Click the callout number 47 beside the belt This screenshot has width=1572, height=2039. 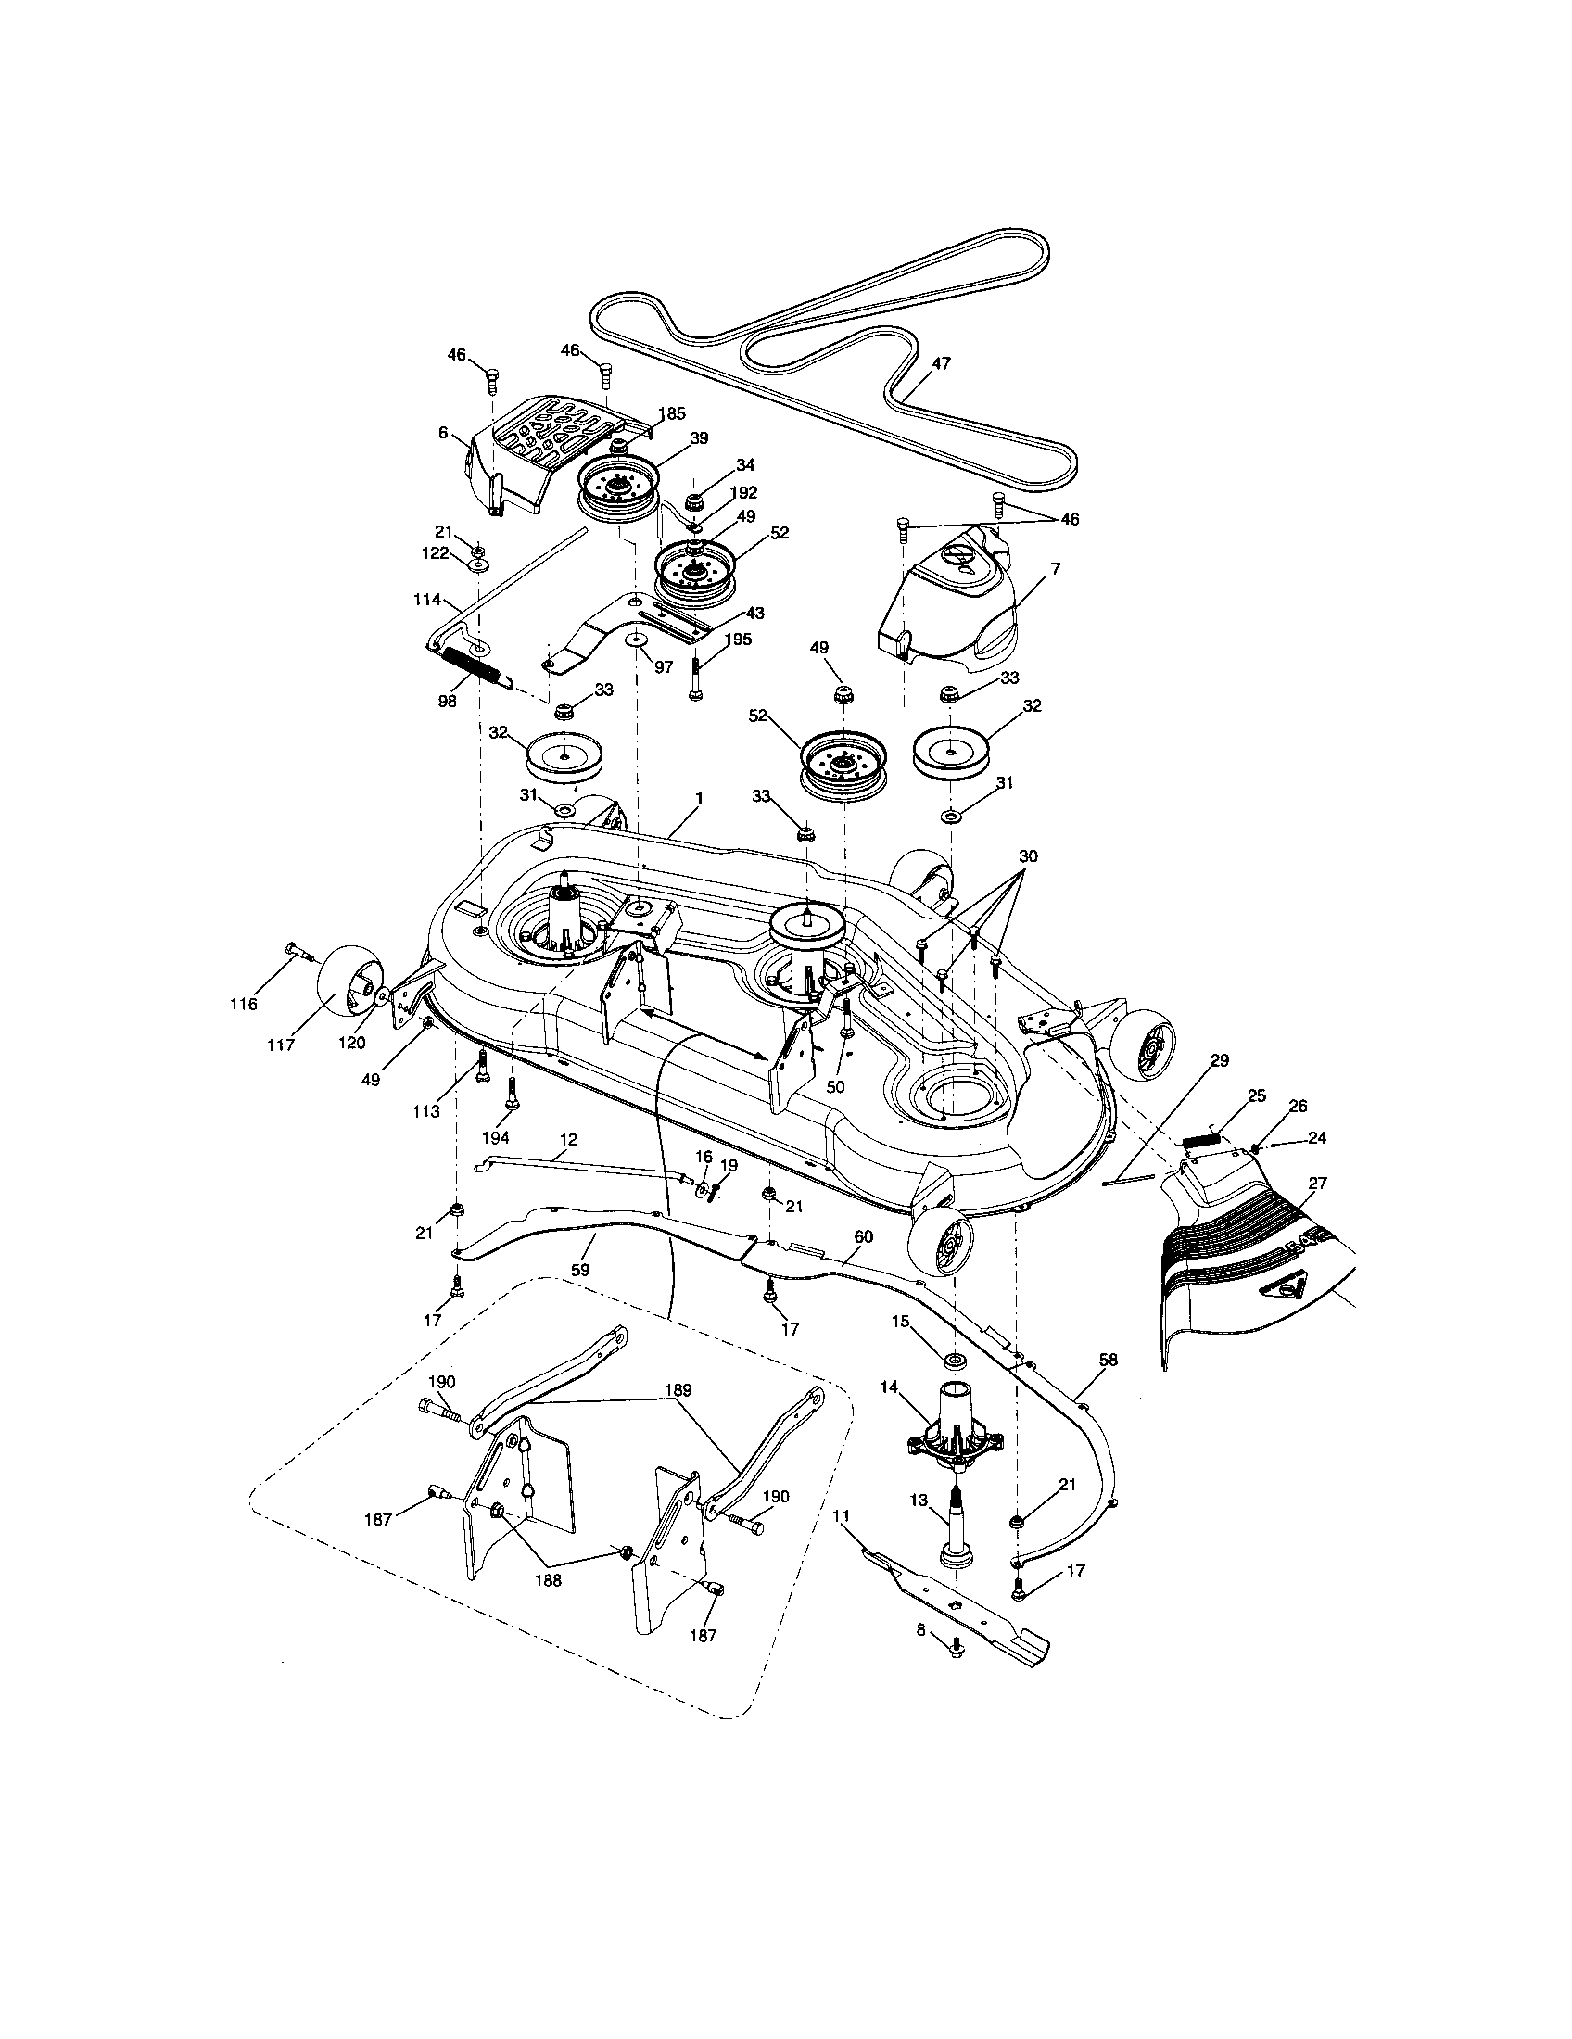pyautogui.click(x=940, y=364)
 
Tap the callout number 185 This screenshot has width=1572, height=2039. pyautogui.click(x=671, y=412)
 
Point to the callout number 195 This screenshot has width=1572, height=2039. pyautogui.click(x=737, y=639)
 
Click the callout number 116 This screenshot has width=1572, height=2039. pyautogui.click(x=246, y=1004)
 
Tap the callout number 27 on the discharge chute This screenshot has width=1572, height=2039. pyautogui.click(x=1317, y=1183)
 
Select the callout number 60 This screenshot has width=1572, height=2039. pyautogui.click(x=863, y=1237)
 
